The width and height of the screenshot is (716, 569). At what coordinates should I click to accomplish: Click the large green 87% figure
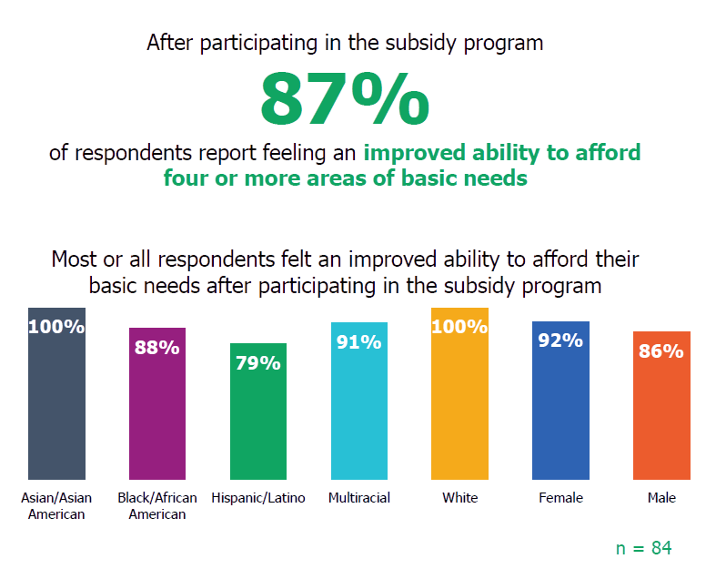pyautogui.click(x=344, y=99)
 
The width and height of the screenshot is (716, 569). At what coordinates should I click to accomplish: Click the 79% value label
pyautogui.click(x=258, y=362)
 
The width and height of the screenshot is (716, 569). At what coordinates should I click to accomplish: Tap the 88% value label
pyautogui.click(x=157, y=347)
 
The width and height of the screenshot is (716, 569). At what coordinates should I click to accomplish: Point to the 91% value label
pyautogui.click(x=359, y=341)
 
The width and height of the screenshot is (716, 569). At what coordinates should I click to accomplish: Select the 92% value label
pyautogui.click(x=560, y=340)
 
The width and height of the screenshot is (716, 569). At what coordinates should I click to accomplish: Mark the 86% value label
pyautogui.click(x=661, y=351)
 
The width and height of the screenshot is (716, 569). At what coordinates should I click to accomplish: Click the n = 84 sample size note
pyautogui.click(x=643, y=548)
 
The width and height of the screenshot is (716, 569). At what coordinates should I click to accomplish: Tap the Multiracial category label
pyautogui.click(x=359, y=498)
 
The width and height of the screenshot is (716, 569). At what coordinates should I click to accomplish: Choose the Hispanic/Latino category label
pyautogui.click(x=258, y=498)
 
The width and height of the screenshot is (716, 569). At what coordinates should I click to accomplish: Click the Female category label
pyautogui.click(x=560, y=498)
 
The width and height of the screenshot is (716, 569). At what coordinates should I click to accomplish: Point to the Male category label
pyautogui.click(x=661, y=498)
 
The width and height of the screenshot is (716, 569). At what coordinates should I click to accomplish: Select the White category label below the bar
pyautogui.click(x=459, y=498)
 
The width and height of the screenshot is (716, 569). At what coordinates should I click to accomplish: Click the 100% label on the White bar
pyautogui.click(x=459, y=325)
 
